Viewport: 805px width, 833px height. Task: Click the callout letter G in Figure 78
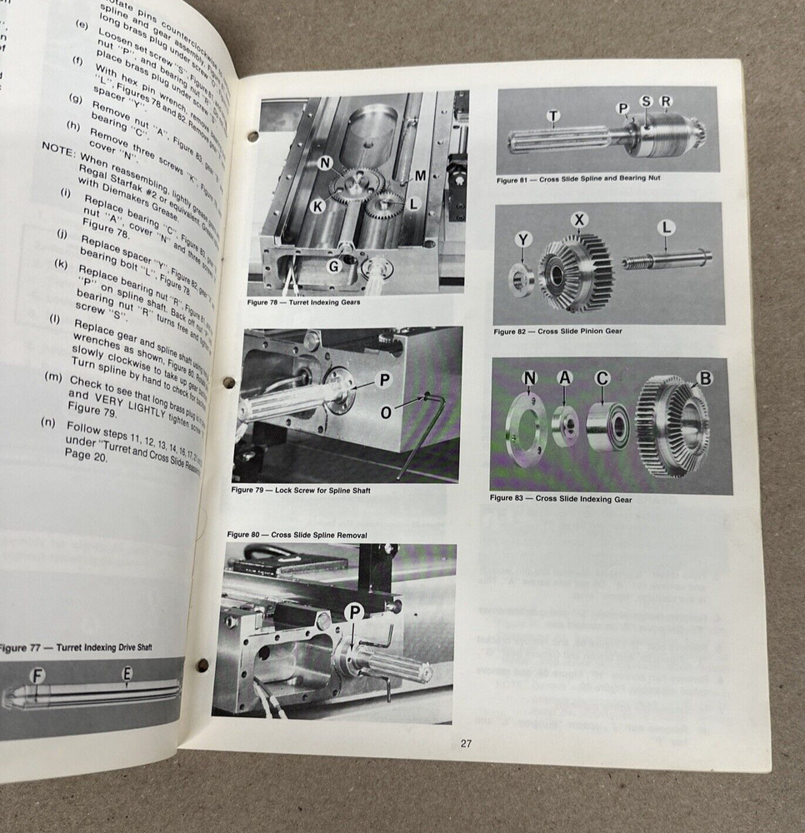pyautogui.click(x=332, y=266)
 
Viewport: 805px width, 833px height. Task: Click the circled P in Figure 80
pyautogui.click(x=355, y=612)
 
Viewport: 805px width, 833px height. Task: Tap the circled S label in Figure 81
pyautogui.click(x=646, y=102)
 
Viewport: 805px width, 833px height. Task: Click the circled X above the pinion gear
pyautogui.click(x=579, y=220)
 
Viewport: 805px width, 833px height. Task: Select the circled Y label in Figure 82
pyautogui.click(x=522, y=240)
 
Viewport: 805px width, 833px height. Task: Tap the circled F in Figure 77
pyautogui.click(x=36, y=675)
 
